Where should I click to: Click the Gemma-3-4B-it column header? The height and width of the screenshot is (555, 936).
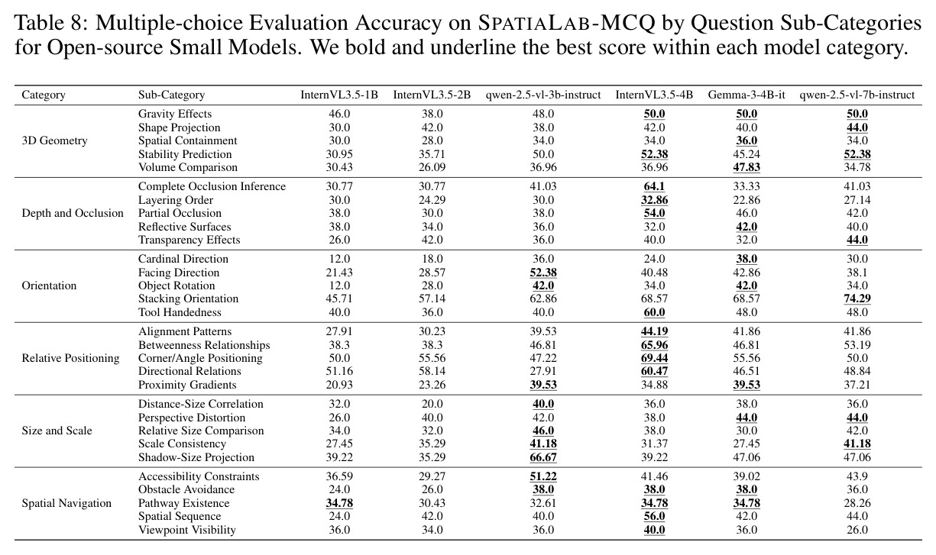click(747, 95)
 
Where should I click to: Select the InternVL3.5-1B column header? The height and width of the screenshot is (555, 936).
click(339, 95)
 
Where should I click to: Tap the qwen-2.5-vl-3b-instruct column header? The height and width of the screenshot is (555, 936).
click(542, 95)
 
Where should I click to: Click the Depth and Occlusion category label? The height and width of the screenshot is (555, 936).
click(73, 213)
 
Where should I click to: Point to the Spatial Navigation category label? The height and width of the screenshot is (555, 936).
click(66, 503)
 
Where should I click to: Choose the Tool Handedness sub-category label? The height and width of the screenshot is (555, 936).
click(180, 312)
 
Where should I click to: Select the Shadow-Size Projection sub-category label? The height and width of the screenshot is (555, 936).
click(196, 457)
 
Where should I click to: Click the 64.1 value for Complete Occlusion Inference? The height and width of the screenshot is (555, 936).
click(654, 186)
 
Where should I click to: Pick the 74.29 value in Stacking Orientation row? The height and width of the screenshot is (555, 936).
click(857, 298)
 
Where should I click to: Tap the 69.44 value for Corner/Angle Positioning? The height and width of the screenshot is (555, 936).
click(654, 358)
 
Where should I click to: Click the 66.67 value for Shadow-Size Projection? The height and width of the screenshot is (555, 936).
click(542, 457)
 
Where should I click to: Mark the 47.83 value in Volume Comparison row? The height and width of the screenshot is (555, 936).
click(747, 167)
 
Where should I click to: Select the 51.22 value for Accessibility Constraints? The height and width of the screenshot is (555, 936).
click(542, 476)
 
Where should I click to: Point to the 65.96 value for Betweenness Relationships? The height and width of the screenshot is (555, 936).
click(654, 345)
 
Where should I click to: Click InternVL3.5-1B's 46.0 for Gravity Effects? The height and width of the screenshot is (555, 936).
click(339, 114)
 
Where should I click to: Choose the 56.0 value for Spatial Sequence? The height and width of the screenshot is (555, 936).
click(654, 516)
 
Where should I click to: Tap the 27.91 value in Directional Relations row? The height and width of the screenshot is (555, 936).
click(542, 371)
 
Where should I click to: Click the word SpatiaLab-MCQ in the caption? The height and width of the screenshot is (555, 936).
click(567, 23)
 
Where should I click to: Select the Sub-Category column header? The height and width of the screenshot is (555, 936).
click(171, 95)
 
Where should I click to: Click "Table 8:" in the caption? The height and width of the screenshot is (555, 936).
click(51, 23)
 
